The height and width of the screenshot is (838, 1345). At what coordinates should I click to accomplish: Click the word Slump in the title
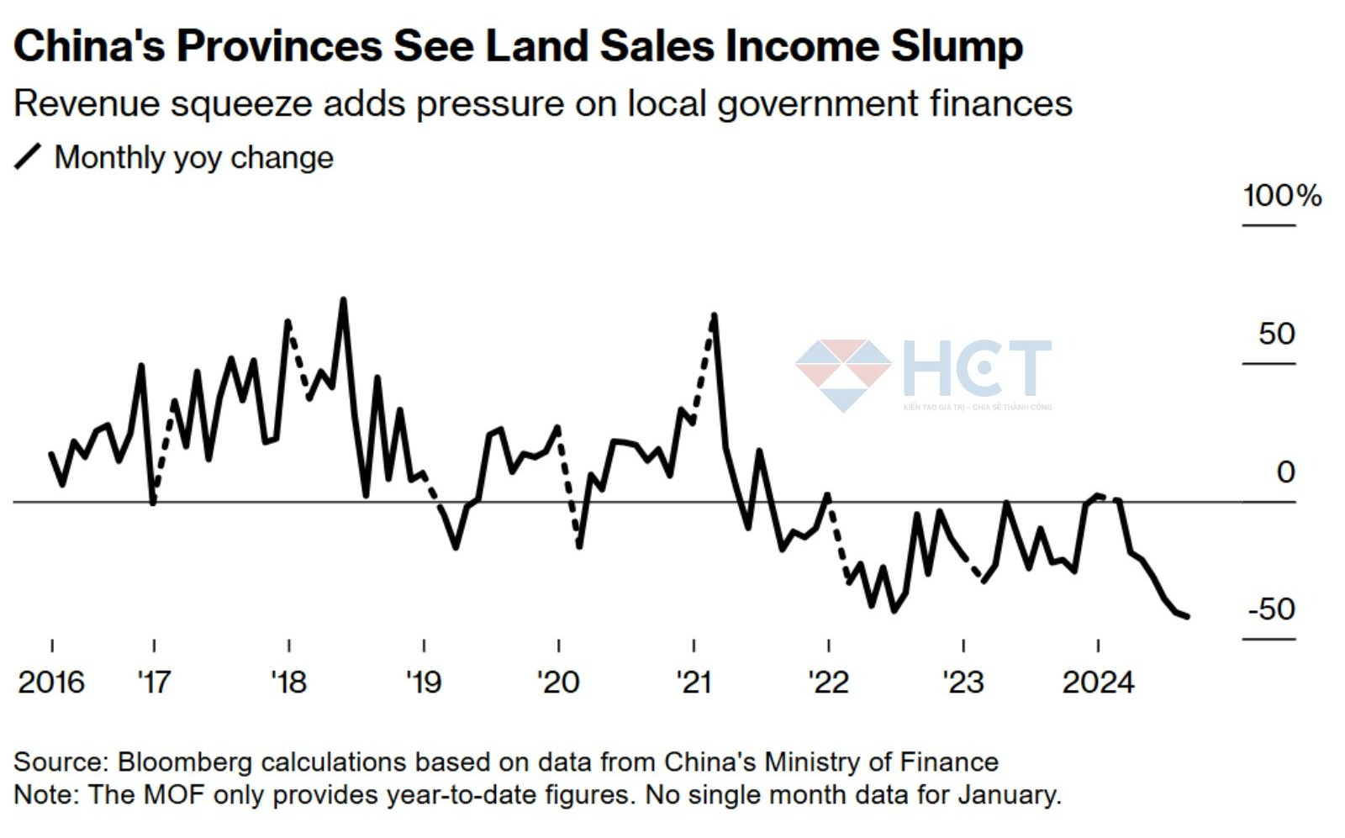(957, 46)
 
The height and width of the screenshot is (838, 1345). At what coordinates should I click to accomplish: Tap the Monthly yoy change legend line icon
(28, 157)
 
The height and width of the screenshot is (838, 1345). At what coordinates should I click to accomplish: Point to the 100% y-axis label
(1282, 196)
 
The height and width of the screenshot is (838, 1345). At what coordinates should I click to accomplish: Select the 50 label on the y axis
(1276, 335)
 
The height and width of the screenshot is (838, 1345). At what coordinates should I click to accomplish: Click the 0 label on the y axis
(1285, 472)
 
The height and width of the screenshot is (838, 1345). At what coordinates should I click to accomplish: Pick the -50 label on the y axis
(1272, 609)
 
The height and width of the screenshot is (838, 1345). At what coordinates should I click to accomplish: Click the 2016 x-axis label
(51, 682)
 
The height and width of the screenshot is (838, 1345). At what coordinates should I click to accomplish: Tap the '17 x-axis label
(154, 682)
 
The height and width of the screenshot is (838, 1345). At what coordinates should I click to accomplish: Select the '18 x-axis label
(288, 682)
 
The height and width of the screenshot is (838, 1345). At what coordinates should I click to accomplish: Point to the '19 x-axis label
(423, 682)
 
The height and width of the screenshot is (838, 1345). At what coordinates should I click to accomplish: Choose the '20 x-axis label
(558, 682)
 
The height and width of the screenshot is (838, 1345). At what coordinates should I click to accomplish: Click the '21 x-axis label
(694, 682)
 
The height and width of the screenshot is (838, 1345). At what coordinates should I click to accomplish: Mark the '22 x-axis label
(828, 682)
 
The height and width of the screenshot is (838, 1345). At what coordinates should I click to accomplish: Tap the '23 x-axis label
(963, 682)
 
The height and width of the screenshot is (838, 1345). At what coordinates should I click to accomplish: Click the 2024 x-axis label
(1098, 682)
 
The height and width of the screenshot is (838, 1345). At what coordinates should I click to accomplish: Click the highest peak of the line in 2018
(343, 300)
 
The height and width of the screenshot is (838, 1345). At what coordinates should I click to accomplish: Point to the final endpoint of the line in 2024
(1187, 617)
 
